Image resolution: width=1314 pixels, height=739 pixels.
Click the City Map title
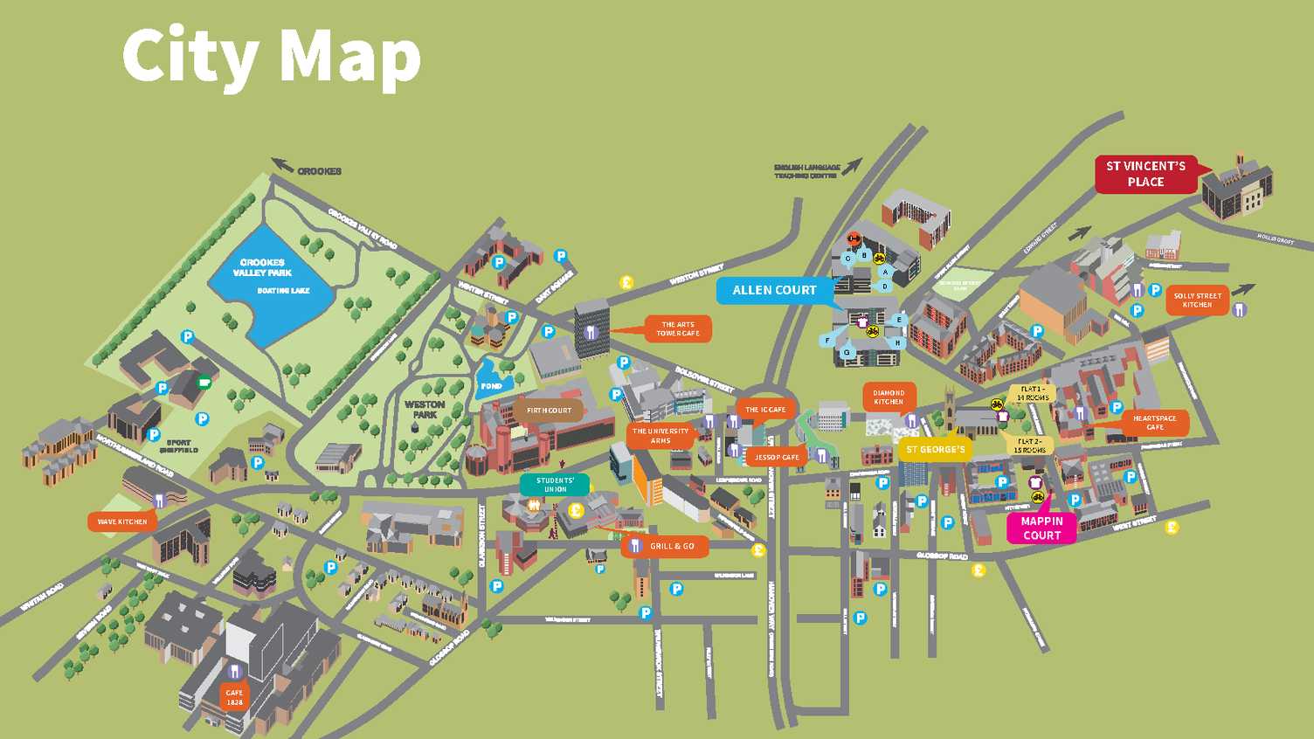[271, 56]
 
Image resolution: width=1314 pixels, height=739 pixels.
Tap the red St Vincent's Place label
[1145, 174]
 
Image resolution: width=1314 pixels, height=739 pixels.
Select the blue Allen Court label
[774, 290]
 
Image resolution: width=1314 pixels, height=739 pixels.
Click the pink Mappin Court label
[1041, 528]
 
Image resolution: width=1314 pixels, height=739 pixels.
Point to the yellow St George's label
[935, 450]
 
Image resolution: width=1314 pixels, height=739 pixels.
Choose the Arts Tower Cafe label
[678, 329]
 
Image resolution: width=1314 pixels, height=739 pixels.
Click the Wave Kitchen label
[121, 522]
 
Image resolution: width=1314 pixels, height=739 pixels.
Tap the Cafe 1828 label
[234, 697]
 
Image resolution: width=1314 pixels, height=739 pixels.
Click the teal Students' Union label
[555, 485]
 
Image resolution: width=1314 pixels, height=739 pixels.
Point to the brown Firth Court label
[549, 411]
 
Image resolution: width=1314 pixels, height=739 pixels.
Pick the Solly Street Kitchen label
[1197, 300]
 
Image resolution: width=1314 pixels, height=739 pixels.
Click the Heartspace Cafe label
[1154, 423]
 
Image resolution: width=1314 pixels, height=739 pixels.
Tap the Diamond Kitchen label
[889, 397]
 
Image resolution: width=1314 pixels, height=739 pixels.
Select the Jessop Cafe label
[777, 457]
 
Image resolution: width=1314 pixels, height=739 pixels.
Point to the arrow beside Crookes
[281, 164]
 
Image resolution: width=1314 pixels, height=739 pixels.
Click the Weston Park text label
[425, 410]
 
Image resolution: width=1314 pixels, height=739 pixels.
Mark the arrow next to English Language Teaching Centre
[852, 166]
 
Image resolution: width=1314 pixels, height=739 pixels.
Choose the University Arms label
[660, 436]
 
